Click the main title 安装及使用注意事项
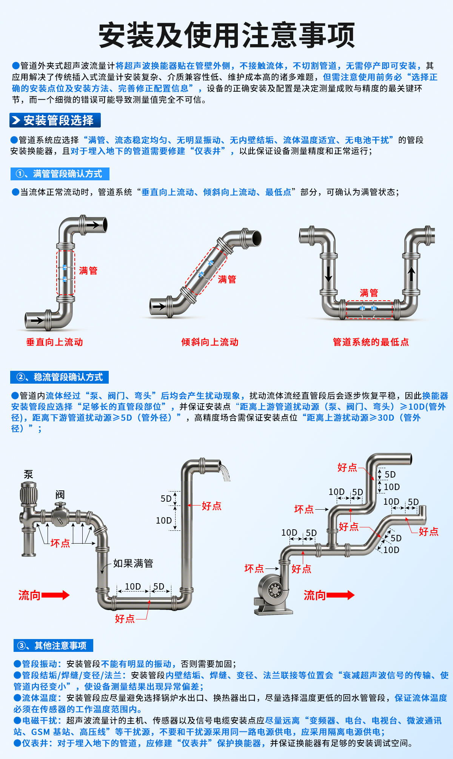pyautogui.click(x=226, y=35)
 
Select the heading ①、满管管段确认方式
pyautogui.click(x=60, y=174)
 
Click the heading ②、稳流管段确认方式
pyautogui.click(x=60, y=377)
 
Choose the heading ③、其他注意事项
pyautogui.click(x=53, y=645)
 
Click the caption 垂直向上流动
pyautogui.click(x=54, y=342)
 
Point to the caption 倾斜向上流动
pyautogui.click(x=210, y=342)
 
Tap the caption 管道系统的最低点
pyautogui.click(x=371, y=342)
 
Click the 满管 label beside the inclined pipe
pyautogui.click(x=227, y=280)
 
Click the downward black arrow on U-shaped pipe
pyautogui.click(x=328, y=274)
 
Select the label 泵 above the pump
pyautogui.click(x=28, y=474)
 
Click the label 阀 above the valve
pyautogui.click(x=60, y=495)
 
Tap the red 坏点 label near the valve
pyautogui.click(x=60, y=543)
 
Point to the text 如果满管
pyautogui.click(x=133, y=564)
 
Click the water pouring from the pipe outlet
pyautogui.click(x=225, y=473)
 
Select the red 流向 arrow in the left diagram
pyautogui.click(x=55, y=595)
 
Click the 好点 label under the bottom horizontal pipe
pyautogui.click(x=125, y=619)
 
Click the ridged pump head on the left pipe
pyautogui.click(x=28, y=492)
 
